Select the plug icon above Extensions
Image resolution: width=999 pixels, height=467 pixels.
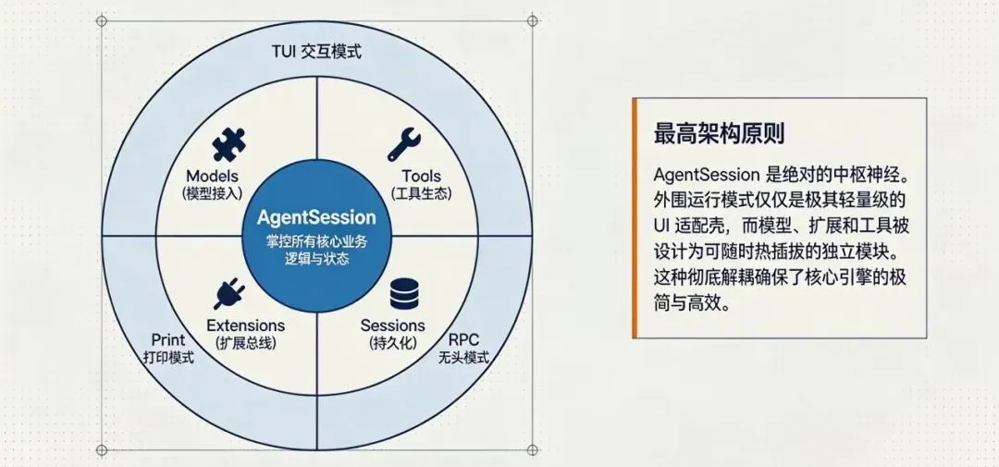[228, 293]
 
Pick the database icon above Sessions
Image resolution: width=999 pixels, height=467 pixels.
[403, 293]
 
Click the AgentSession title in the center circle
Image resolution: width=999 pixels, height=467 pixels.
[316, 218]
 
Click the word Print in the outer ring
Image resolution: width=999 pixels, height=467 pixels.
[168, 339]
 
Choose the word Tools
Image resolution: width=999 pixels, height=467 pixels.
[421, 176]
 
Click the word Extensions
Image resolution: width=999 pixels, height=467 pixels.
[245, 326]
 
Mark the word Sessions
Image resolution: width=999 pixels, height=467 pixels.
[392, 326]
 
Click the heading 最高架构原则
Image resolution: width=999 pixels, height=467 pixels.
[719, 133]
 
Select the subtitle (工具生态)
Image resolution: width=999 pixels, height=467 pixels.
[421, 193]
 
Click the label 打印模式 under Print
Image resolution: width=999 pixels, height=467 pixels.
[168, 357]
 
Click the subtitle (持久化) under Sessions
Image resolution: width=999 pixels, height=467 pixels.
[392, 343]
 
